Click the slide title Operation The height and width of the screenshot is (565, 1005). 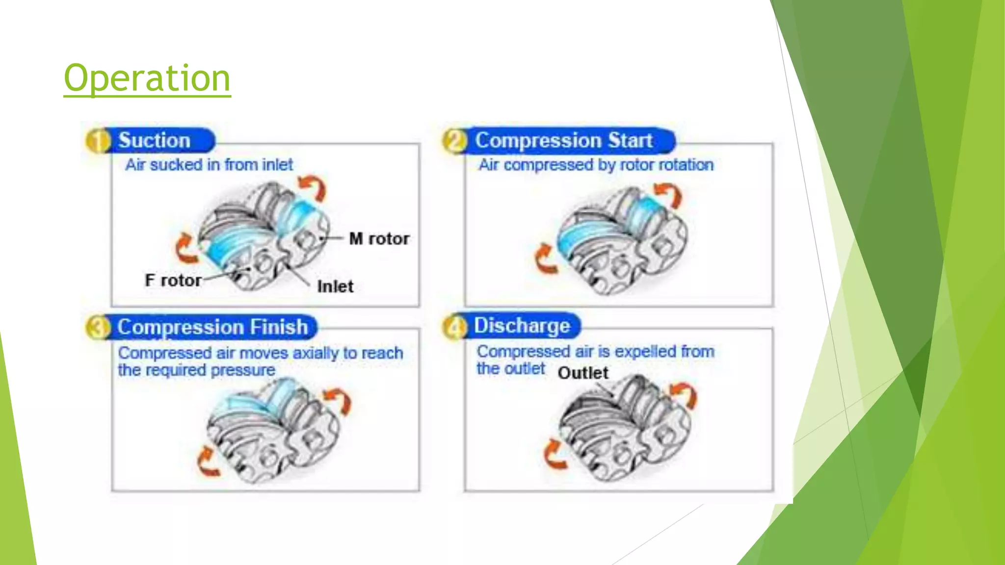point(147,78)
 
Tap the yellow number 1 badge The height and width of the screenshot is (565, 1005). point(98,141)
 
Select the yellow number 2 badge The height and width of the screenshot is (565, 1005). point(454,141)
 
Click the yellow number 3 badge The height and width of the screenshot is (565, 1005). point(98,328)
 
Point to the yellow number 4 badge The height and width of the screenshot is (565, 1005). point(454,327)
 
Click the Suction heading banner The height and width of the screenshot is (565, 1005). point(154,140)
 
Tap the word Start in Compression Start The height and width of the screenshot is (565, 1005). point(630,140)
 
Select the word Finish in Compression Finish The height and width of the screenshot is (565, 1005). point(279,327)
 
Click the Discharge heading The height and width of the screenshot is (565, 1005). point(522,326)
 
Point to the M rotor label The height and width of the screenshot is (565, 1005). point(379,239)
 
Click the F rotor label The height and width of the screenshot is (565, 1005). point(173,281)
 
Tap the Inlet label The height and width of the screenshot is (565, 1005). point(335,286)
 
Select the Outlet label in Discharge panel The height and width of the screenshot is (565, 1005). point(582,373)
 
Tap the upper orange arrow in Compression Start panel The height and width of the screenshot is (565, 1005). point(669,194)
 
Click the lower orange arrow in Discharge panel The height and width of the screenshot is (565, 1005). point(555,454)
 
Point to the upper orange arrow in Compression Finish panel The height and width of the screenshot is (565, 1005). point(339,400)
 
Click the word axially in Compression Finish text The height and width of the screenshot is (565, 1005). point(316,353)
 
